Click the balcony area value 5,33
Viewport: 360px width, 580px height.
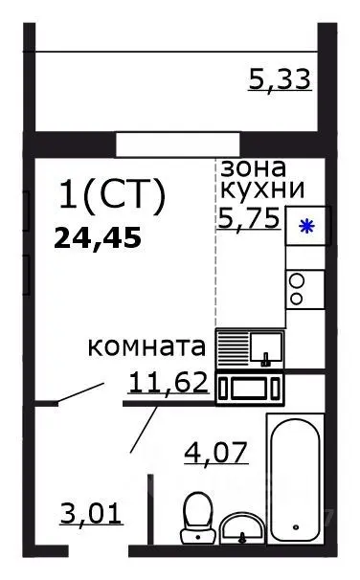[280, 79]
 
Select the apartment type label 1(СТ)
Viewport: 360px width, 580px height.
[112, 195]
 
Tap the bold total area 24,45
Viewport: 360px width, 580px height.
[98, 236]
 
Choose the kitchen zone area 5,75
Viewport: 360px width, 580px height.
[249, 218]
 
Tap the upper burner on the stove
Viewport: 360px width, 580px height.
[297, 280]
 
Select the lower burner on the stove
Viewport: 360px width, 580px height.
[297, 299]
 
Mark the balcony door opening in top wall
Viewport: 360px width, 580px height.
[163, 144]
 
